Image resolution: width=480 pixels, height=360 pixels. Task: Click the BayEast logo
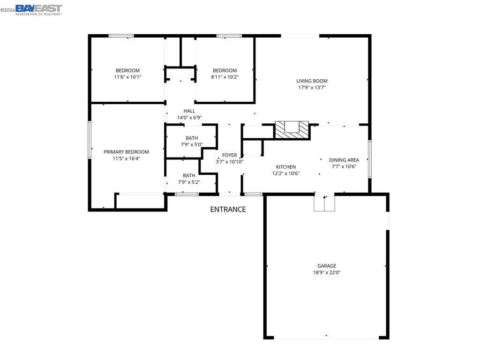point(38,9)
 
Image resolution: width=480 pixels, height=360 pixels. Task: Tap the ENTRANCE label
point(228,210)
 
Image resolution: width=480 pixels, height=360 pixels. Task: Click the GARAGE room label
point(326,266)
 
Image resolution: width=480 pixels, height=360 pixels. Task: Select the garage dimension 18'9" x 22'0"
point(326,272)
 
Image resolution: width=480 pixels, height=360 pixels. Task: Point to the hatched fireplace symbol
point(292,129)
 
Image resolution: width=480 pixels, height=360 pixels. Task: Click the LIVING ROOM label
point(312,81)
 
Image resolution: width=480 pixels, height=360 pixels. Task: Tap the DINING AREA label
point(344,160)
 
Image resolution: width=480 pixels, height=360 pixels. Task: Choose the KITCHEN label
point(285,167)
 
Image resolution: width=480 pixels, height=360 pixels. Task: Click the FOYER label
point(229,155)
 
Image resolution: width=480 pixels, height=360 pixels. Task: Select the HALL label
point(189,111)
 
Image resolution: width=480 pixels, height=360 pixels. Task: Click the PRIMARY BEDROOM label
point(126,152)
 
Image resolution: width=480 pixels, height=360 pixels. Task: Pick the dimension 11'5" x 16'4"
point(126,158)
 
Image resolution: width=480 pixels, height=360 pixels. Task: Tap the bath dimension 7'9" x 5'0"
point(191,144)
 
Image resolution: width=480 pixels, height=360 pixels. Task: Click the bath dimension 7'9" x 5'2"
point(189,182)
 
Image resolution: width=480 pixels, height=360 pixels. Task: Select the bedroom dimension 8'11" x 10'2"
point(225,77)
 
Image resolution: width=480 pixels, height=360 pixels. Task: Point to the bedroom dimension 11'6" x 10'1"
point(127,77)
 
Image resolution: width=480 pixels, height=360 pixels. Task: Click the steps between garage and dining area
point(324,203)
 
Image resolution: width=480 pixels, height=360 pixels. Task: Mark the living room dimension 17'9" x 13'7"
point(312,87)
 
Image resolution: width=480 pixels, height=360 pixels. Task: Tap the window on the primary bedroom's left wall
point(89,140)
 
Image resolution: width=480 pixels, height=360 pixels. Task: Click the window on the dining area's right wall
point(369,159)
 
